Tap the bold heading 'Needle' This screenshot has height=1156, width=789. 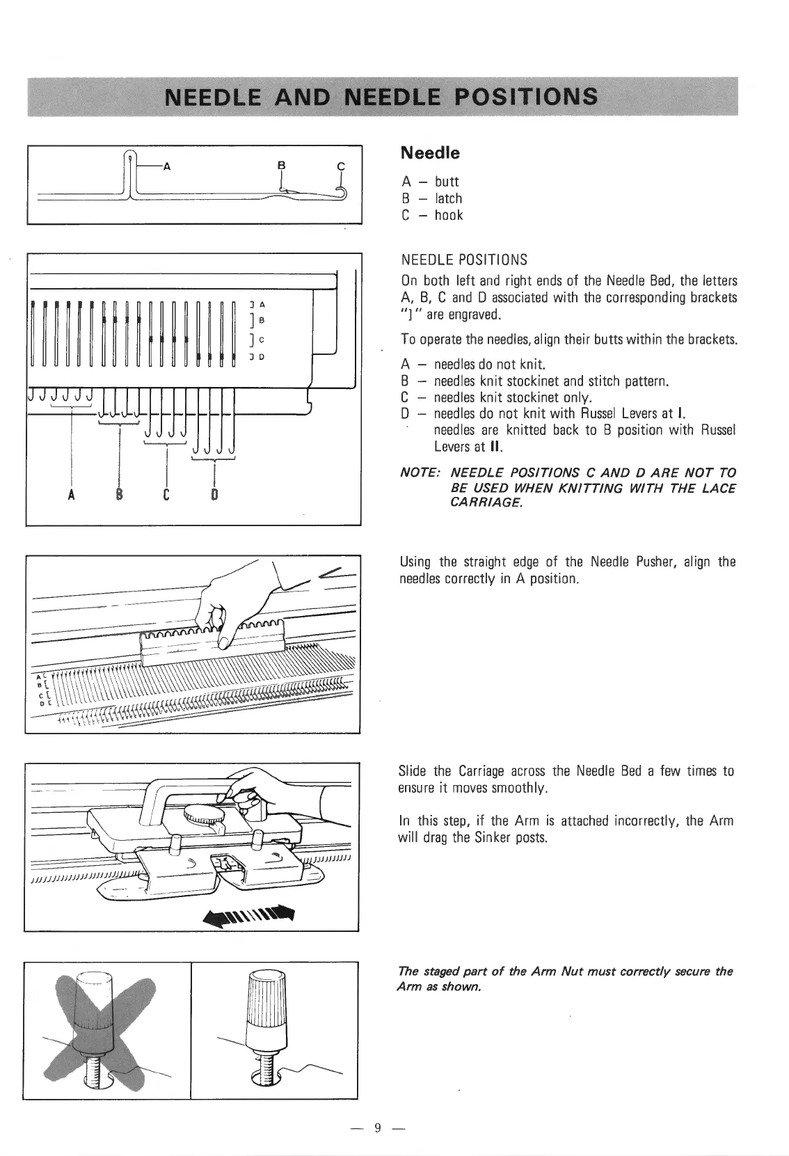click(x=430, y=152)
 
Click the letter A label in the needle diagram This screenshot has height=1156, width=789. click(x=166, y=166)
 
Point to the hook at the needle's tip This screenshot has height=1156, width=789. click(x=342, y=192)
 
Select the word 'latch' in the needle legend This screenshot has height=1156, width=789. click(x=448, y=198)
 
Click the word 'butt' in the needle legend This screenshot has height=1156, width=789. click(x=447, y=182)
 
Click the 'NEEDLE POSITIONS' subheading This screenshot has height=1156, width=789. click(x=464, y=260)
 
